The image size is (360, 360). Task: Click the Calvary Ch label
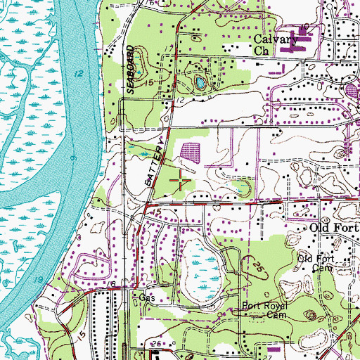tap(272, 45)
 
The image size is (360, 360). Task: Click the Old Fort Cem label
tap(314, 263)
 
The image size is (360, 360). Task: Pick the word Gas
tap(146, 297)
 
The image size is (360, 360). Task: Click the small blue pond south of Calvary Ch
tap(200, 84)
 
